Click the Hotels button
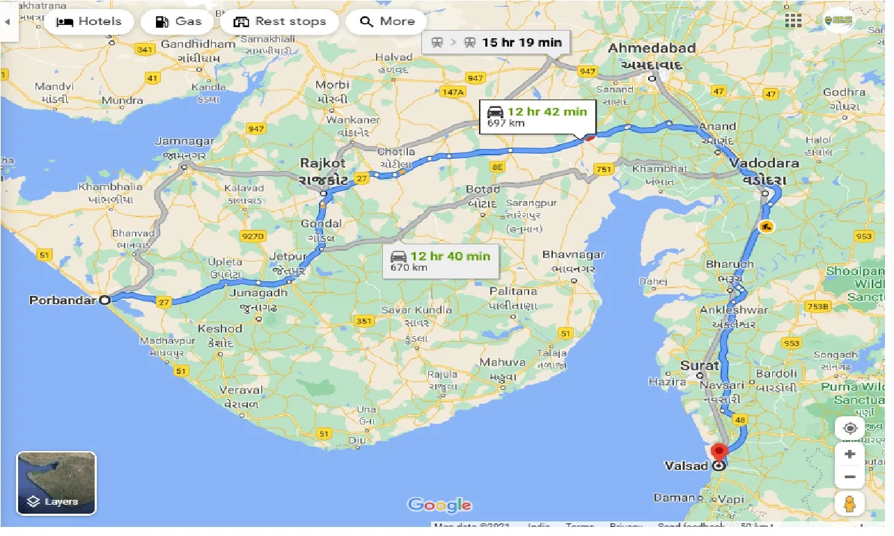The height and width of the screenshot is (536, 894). (x=88, y=22)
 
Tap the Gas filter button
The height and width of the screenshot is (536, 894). (x=178, y=22)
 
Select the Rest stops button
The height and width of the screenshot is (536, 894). (x=281, y=22)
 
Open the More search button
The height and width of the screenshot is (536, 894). (x=387, y=22)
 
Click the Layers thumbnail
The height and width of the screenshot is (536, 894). (x=56, y=483)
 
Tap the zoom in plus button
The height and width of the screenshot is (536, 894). (x=849, y=454)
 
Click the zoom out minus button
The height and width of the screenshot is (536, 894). (x=849, y=478)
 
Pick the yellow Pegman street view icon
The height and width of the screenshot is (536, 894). (x=849, y=503)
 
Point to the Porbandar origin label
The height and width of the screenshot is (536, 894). (x=63, y=301)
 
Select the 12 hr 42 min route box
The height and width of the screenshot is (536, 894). (x=537, y=116)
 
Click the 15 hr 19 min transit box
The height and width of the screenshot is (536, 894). (x=496, y=42)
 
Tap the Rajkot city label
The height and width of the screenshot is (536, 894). (x=322, y=164)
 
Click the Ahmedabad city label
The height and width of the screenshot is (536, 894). (x=652, y=49)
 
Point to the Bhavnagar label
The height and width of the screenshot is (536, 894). (x=574, y=255)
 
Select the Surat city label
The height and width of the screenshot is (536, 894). (x=700, y=365)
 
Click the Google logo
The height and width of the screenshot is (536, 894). (x=439, y=505)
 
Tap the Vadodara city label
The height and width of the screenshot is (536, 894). (x=764, y=163)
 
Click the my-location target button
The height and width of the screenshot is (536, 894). (x=849, y=428)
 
